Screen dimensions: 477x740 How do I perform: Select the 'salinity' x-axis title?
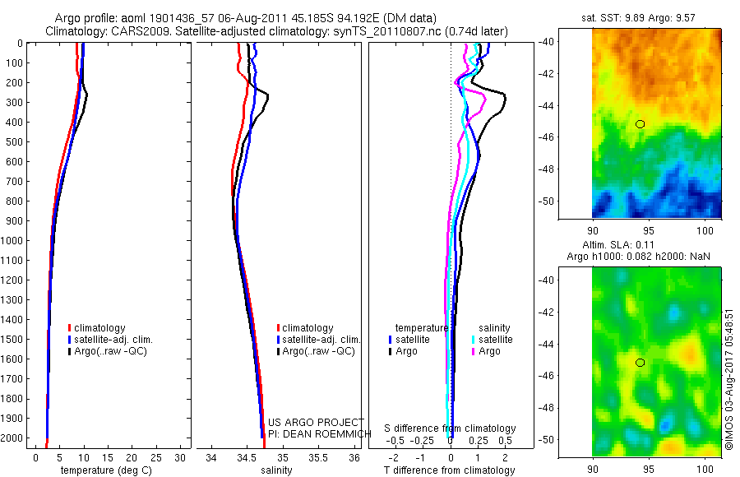(x=276, y=470)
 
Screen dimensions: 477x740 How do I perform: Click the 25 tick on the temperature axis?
(x=156, y=457)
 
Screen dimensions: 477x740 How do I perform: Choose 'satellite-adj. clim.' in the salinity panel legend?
(x=321, y=340)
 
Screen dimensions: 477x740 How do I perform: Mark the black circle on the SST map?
(x=640, y=123)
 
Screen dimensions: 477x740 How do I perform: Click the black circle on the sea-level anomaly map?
(x=640, y=362)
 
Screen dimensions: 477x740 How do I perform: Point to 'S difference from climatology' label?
(x=451, y=428)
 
